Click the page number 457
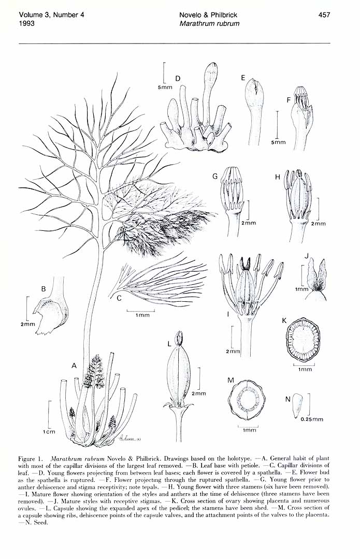[x=324, y=15]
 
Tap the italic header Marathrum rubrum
[x=209, y=24]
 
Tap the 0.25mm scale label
[x=312, y=419]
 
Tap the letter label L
[x=170, y=344]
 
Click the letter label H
[x=277, y=176]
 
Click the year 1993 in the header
[x=26, y=24]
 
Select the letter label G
[x=215, y=176]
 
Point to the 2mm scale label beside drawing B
[x=27, y=324]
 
